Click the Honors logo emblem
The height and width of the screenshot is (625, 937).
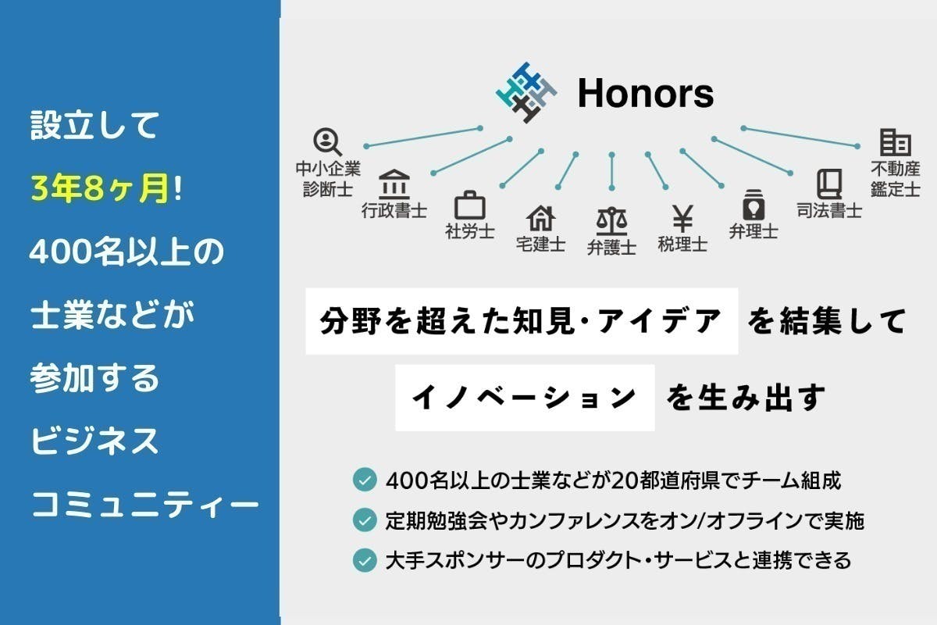coord(526,92)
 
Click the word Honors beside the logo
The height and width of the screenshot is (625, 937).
coord(646,93)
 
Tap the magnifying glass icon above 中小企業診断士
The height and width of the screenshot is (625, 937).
coord(327,142)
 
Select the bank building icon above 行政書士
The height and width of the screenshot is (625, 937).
coord(394,184)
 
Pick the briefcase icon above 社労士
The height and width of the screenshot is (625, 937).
coord(470,205)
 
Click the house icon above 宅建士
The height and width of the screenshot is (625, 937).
coord(540,218)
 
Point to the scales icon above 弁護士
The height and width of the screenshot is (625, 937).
coord(611,221)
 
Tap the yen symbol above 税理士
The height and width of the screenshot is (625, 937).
coord(682,219)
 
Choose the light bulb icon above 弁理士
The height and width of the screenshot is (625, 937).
coord(754,205)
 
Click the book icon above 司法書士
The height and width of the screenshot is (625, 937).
coord(829,184)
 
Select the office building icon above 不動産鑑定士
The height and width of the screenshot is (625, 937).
coord(896,142)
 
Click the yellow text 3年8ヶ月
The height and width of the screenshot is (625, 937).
coord(101,188)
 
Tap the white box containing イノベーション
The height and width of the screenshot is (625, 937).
coord(525,398)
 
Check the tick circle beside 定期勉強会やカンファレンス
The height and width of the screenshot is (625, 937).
coord(365,520)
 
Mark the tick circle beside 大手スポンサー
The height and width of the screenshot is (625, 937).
coord(365,560)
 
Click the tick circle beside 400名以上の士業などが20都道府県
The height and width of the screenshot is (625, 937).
coord(365,480)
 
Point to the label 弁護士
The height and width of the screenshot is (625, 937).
coord(611,248)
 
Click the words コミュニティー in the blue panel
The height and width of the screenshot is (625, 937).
coord(145,505)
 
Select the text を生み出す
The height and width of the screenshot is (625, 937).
coord(746,398)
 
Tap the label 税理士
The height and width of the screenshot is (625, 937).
coord(682,245)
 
